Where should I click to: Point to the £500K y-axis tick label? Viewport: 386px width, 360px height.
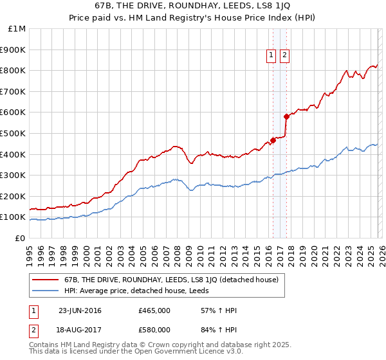14,134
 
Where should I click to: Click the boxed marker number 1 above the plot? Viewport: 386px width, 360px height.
271,56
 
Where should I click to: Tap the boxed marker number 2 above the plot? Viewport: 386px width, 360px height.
284,56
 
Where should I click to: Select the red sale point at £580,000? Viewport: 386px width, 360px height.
286,116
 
